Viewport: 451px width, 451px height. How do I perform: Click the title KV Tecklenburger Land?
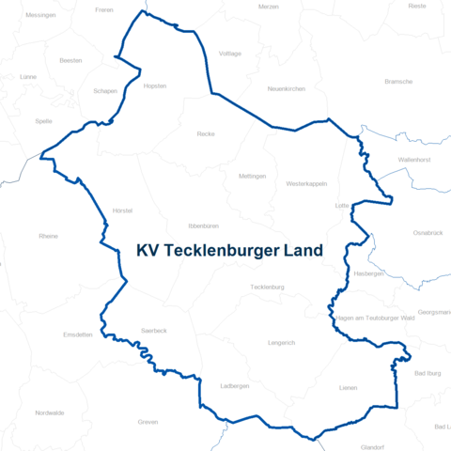point(228,251)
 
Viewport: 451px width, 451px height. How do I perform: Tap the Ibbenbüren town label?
point(204,226)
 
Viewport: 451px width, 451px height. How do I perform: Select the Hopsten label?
point(155,86)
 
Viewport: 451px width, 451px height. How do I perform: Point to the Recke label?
point(206,134)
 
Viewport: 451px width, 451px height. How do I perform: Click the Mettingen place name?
point(252,176)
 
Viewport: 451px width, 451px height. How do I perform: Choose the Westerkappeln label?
point(306,183)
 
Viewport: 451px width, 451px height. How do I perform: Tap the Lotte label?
point(342,205)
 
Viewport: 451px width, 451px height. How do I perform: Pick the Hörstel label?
point(122,210)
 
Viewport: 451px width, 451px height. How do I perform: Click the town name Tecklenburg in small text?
point(268,287)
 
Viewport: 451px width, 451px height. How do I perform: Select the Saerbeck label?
point(153,331)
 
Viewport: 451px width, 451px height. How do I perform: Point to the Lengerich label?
point(281,343)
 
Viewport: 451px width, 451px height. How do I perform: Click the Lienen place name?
point(349,387)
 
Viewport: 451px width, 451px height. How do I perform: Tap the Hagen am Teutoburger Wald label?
point(375,319)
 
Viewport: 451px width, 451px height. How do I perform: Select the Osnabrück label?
point(428,231)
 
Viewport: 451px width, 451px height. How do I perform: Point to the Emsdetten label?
point(78,334)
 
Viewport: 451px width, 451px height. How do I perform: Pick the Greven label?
point(148,422)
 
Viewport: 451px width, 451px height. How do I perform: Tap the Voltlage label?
point(230,54)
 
